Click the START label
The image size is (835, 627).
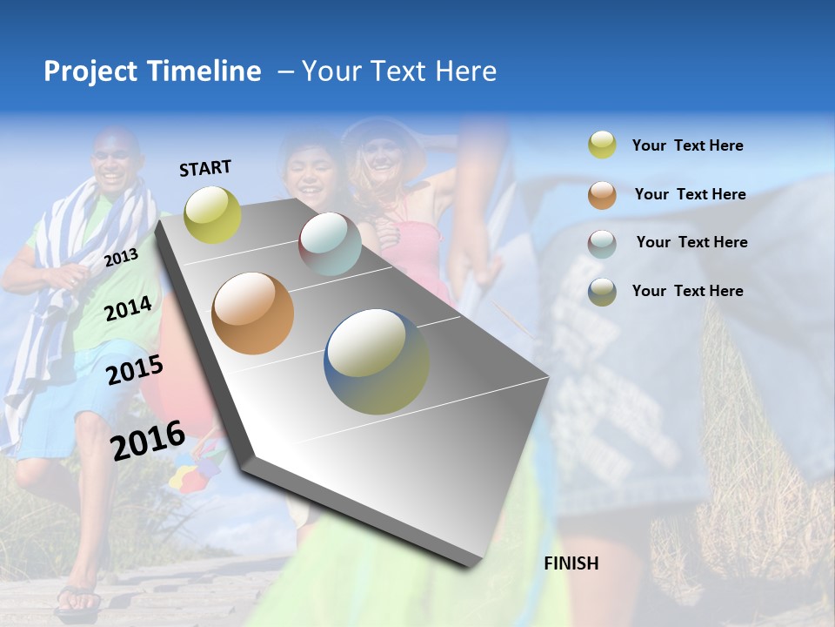coord(205,168)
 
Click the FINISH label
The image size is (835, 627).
coord(571,563)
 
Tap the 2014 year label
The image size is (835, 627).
coord(128,308)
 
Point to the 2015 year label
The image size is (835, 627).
coord(135,370)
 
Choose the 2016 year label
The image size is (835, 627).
coord(148,440)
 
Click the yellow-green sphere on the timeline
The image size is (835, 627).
coord(213,214)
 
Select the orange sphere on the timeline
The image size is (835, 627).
coord(253,313)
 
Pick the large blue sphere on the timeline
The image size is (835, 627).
coord(377,361)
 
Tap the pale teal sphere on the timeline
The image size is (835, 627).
coord(330,244)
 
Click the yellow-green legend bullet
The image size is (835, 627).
coord(602,145)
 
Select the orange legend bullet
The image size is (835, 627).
coord(602,194)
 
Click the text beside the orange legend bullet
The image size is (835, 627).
coord(690,194)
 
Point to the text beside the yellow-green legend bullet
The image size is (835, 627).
coord(687,145)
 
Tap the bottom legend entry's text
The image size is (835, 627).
coord(687,291)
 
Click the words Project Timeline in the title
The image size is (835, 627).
coord(152,71)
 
